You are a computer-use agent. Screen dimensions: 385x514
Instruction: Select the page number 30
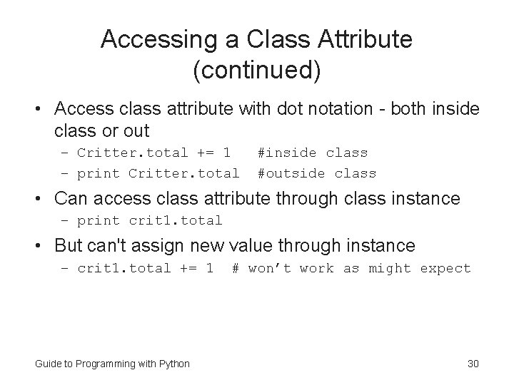pos(473,364)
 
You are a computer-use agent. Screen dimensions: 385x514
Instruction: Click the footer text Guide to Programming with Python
pos(112,364)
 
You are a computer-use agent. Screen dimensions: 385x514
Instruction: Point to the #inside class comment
pos(312,153)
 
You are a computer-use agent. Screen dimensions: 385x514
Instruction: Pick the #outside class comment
pos(316,173)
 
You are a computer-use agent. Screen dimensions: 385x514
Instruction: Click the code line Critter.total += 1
pos(153,153)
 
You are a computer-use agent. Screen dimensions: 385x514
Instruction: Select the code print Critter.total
pos(158,173)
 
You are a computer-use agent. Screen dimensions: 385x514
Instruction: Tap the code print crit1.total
pos(150,221)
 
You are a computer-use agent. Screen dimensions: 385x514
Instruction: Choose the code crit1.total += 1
pos(145,268)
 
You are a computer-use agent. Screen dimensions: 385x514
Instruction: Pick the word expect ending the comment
pos(445,268)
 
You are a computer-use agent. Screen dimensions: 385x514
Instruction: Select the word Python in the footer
pos(173,364)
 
